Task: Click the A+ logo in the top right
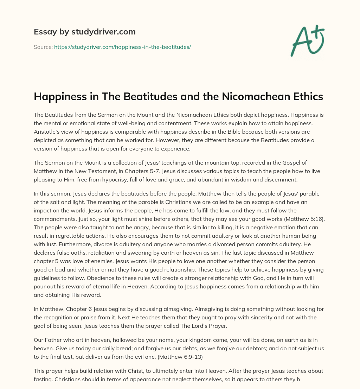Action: [307, 40]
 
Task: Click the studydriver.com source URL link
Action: [122, 47]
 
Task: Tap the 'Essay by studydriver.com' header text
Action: [84, 32]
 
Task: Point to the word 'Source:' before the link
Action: [43, 47]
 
